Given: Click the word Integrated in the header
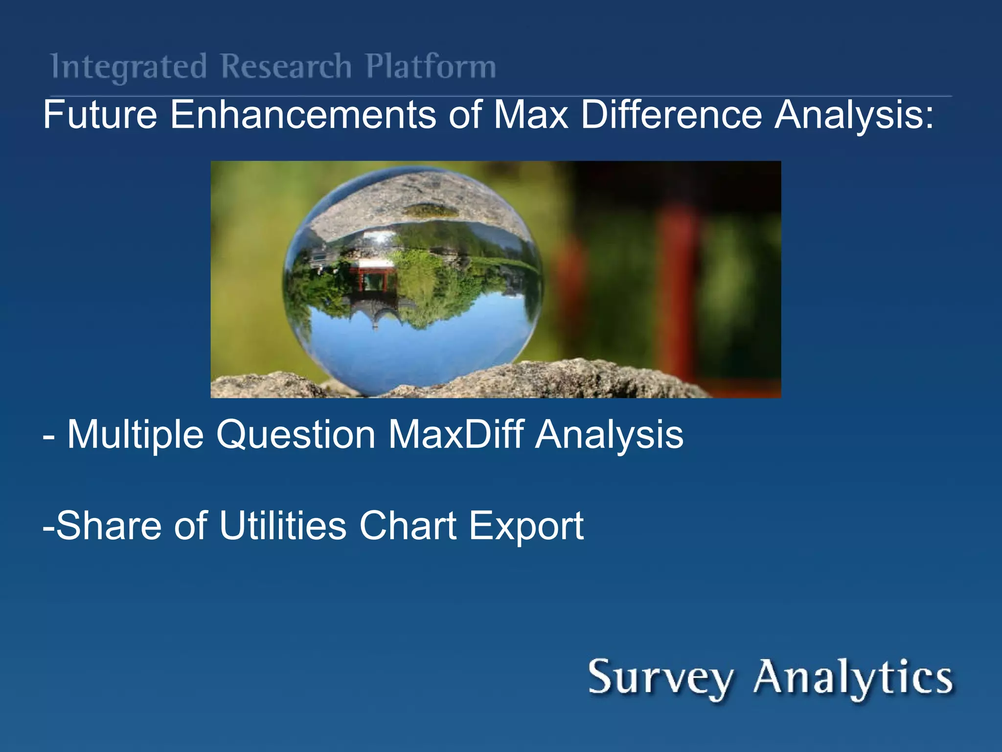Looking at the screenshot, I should (x=129, y=67).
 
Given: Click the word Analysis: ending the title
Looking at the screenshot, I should (x=854, y=116).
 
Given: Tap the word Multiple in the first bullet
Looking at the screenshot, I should (x=135, y=434).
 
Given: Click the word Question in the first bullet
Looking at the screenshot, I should (x=296, y=434).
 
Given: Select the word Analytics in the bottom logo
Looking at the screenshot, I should (x=853, y=678).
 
